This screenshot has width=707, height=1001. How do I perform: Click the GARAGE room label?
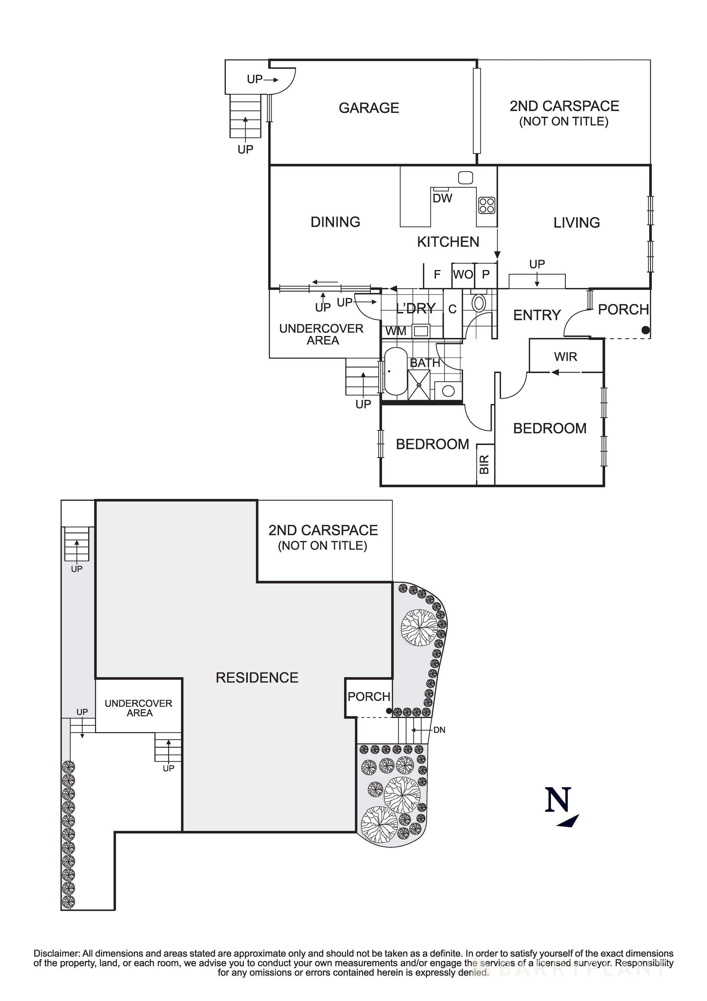369,108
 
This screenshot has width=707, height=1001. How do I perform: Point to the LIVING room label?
576,223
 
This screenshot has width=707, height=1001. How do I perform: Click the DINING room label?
335,222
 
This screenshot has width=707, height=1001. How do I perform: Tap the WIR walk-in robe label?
565,357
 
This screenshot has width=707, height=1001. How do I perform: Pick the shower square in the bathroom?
419,384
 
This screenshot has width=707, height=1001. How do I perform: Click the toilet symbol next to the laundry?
478,303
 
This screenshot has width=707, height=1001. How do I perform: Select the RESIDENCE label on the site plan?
257,678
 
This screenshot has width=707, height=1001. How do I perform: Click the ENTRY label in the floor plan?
537,315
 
